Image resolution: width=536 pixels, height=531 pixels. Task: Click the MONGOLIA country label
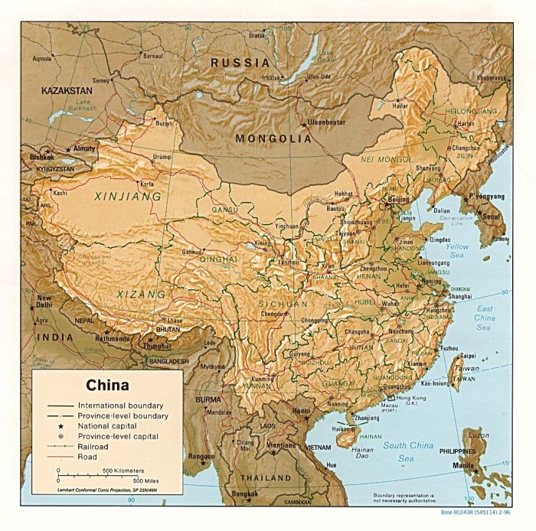click(x=273, y=138)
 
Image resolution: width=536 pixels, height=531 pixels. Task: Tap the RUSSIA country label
click(x=241, y=63)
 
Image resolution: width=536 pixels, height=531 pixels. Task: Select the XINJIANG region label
click(x=128, y=196)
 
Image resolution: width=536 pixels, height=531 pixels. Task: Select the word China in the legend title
click(x=106, y=386)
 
